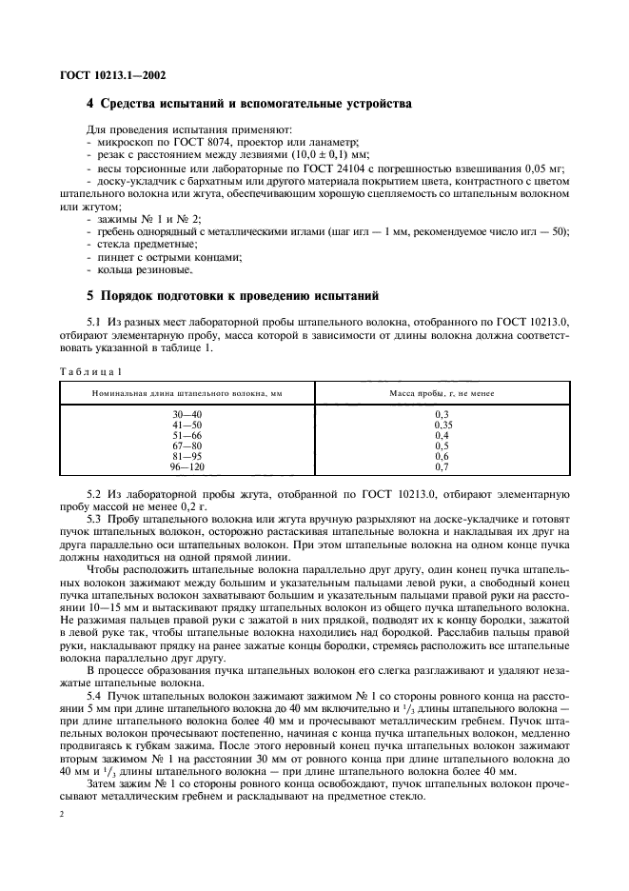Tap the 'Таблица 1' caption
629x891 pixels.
[93, 370]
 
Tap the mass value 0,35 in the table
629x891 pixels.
[441, 426]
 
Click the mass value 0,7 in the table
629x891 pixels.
[441, 467]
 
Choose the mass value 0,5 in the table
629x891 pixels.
[441, 446]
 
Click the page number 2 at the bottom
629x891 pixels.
[62, 816]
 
